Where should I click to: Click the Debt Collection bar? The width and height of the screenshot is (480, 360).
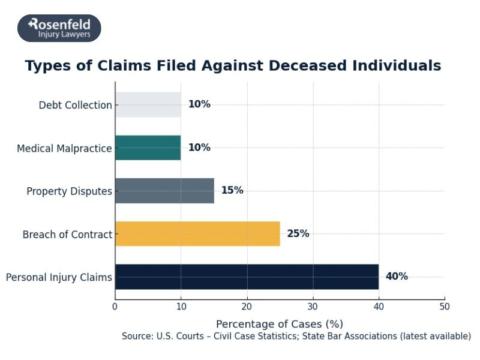[148, 104]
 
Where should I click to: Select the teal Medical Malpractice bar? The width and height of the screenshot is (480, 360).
[148, 148]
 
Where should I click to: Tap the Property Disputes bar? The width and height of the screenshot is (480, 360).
[164, 191]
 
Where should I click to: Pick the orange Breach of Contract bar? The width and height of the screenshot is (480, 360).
[197, 233]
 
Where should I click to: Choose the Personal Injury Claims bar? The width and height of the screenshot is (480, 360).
[247, 277]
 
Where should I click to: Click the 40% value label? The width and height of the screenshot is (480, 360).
[397, 277]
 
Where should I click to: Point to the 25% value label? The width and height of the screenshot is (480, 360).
[298, 233]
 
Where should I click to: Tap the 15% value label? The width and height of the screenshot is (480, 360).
[232, 191]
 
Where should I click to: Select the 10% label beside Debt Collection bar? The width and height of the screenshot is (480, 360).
[199, 104]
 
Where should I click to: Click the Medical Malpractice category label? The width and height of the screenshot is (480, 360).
[64, 148]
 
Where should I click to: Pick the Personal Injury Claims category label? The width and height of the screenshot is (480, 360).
[59, 277]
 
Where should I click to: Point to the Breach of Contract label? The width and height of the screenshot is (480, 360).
[67, 235]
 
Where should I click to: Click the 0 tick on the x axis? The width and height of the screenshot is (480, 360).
[115, 306]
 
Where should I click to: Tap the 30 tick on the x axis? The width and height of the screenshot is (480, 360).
[313, 306]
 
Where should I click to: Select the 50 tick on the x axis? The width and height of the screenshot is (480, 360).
[445, 306]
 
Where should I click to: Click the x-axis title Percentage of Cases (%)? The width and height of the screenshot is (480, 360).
[280, 324]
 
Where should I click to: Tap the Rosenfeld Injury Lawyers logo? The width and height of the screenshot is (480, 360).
[59, 28]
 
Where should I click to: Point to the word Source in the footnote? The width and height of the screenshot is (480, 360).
[137, 336]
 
